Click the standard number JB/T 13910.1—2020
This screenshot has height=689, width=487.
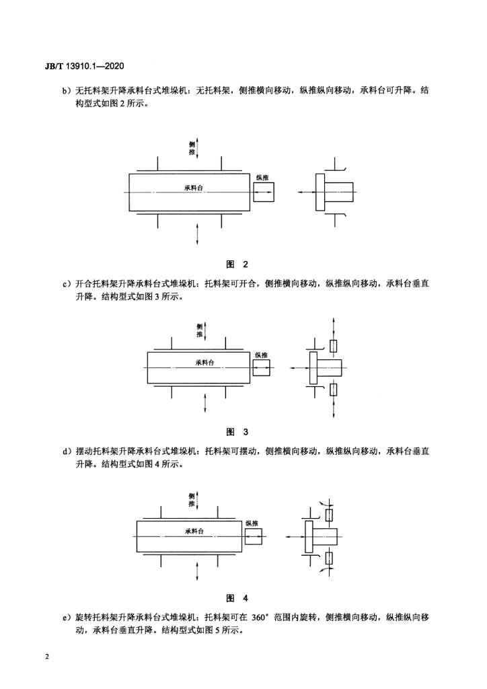click(84, 67)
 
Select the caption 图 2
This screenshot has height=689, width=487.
click(237, 264)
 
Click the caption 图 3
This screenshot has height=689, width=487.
click(237, 432)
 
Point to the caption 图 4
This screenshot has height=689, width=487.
click(237, 598)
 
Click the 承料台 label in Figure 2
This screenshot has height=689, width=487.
click(194, 188)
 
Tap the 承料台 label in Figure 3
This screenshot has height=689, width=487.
click(204, 363)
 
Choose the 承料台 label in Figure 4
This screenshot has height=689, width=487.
click(194, 531)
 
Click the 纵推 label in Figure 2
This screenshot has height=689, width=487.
click(262, 178)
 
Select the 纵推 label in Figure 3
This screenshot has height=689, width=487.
click(261, 355)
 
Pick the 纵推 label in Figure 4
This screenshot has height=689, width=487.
click(252, 523)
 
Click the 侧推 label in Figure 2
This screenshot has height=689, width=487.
click(192, 148)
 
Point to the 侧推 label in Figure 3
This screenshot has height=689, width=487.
click(200, 330)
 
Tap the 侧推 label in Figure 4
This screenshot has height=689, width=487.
click(192, 500)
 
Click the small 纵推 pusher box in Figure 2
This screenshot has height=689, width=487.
click(264, 192)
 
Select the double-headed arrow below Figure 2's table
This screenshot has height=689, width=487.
click(198, 233)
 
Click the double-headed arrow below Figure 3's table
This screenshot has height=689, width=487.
click(205, 403)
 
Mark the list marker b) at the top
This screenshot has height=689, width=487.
click(67, 91)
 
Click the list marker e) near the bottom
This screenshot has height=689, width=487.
click(67, 618)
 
